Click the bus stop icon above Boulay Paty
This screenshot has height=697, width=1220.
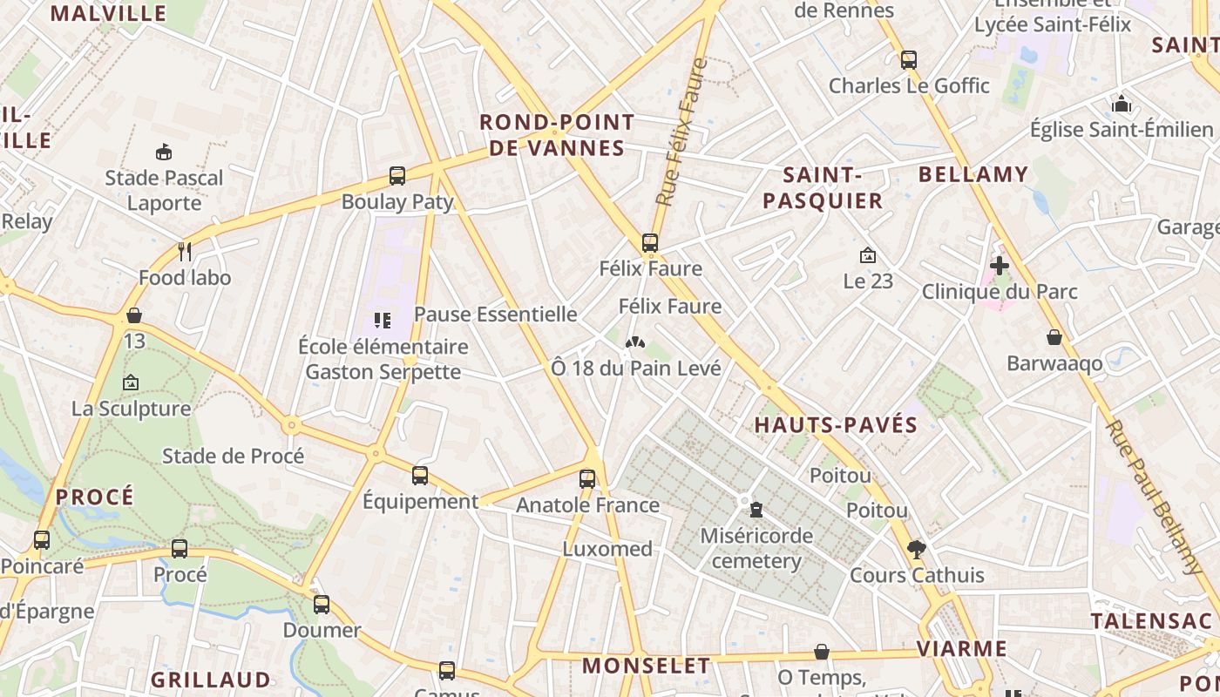click(397, 176)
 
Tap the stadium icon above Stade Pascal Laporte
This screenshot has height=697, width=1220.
click(163, 152)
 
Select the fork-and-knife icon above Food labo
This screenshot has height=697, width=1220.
click(184, 252)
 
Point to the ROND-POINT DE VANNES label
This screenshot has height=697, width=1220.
click(557, 135)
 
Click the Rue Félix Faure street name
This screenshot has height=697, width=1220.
click(681, 132)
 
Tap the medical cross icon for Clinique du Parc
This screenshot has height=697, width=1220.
click(999, 266)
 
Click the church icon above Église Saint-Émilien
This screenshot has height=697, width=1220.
click(1121, 105)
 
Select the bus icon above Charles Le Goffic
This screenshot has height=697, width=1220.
click(909, 60)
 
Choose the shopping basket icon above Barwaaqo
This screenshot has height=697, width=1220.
click(1054, 337)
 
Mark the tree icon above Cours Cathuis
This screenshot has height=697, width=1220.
click(916, 550)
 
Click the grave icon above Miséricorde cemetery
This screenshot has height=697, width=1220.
click(756, 510)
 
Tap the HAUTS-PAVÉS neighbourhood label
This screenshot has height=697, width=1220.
click(836, 425)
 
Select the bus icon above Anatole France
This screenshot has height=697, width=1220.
click(587, 479)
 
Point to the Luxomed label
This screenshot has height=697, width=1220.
click(607, 549)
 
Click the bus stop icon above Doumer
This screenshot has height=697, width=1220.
click(322, 605)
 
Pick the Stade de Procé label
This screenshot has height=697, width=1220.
click(234, 456)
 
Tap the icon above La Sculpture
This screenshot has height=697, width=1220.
click(131, 382)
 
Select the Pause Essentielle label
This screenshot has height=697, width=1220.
click(495, 314)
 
